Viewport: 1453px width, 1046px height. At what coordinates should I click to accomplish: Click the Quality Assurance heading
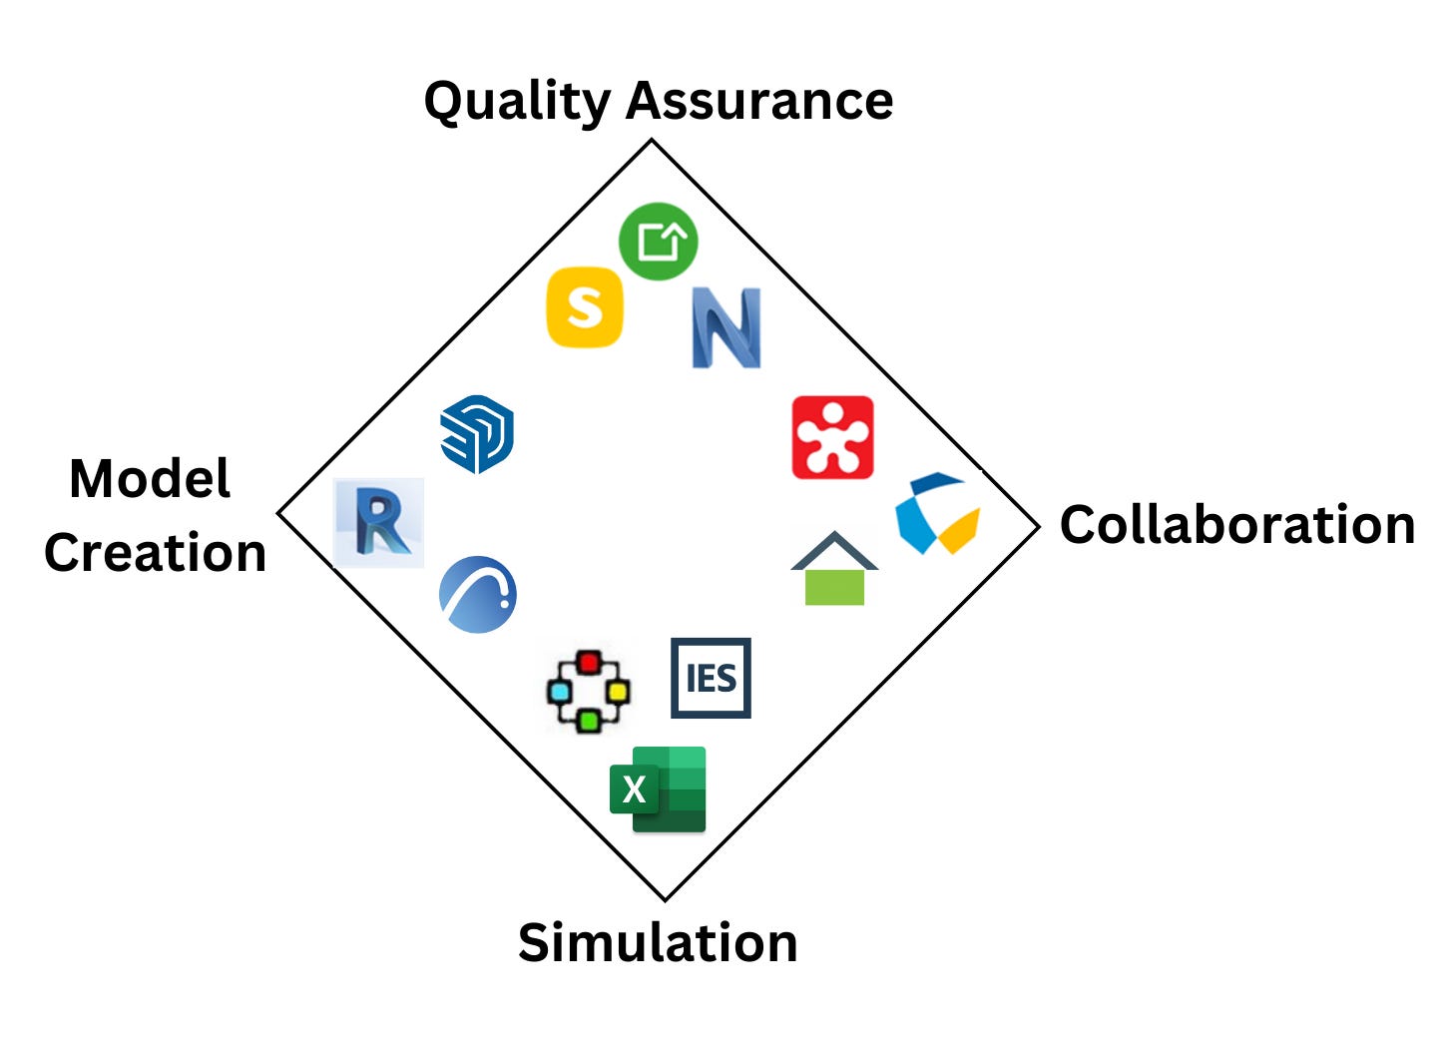click(x=658, y=101)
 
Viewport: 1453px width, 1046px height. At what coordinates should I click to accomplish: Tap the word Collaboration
click(x=1236, y=525)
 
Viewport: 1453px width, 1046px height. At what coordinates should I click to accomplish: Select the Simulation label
click(x=658, y=943)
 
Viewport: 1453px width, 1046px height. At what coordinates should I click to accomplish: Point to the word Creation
click(x=156, y=553)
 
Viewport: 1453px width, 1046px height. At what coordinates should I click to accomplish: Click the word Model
click(x=150, y=479)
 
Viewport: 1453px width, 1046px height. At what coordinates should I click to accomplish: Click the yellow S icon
click(x=585, y=307)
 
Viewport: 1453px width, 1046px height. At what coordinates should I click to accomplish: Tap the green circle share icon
click(x=658, y=242)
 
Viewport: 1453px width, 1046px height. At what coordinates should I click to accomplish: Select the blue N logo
click(x=726, y=328)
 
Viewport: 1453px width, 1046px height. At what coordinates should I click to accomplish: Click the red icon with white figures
click(x=832, y=437)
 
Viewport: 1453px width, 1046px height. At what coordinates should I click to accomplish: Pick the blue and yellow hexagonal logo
click(x=937, y=514)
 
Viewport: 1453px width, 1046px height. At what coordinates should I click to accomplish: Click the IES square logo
click(x=711, y=679)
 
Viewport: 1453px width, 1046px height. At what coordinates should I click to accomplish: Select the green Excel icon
click(x=659, y=789)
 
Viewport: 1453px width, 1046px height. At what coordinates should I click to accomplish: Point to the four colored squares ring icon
click(x=589, y=692)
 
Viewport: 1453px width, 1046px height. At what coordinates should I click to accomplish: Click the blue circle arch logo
click(x=478, y=595)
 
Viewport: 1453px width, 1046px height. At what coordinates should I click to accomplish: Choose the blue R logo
click(x=378, y=523)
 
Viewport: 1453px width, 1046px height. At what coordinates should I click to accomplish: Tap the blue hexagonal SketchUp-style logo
click(x=477, y=434)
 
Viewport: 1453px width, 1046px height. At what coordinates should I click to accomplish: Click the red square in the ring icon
click(x=589, y=663)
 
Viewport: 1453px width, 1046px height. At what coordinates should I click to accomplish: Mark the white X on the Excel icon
click(x=634, y=790)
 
